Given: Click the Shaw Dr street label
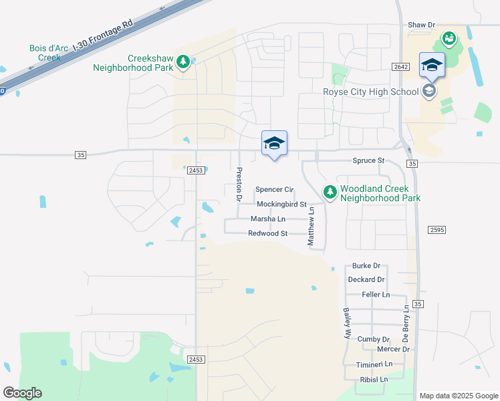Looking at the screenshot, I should (421, 25).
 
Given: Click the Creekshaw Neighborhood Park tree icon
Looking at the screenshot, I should (182, 63).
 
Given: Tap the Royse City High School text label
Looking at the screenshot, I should (371, 92).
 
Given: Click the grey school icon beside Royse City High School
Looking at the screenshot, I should (428, 91).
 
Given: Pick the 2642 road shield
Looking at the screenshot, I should (400, 67).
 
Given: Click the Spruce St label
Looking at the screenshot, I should (369, 161).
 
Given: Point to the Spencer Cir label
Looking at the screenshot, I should (275, 190).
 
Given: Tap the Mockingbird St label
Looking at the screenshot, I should (281, 204).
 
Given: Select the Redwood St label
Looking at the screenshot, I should (267, 233).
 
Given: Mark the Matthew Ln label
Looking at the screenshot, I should (311, 226).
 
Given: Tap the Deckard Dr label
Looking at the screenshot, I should (366, 279).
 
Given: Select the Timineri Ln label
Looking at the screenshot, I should (374, 364).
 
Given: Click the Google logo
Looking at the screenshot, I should (22, 393).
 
